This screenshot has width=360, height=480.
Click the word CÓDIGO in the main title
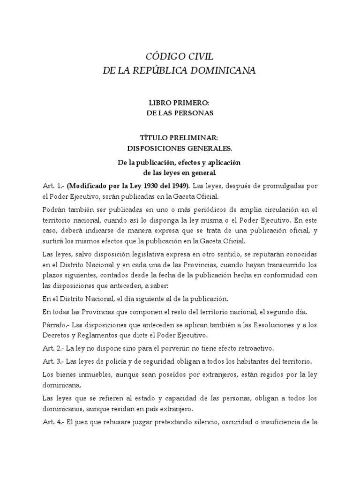click(x=162, y=57)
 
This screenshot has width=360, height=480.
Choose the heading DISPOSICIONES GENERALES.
click(x=180, y=149)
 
